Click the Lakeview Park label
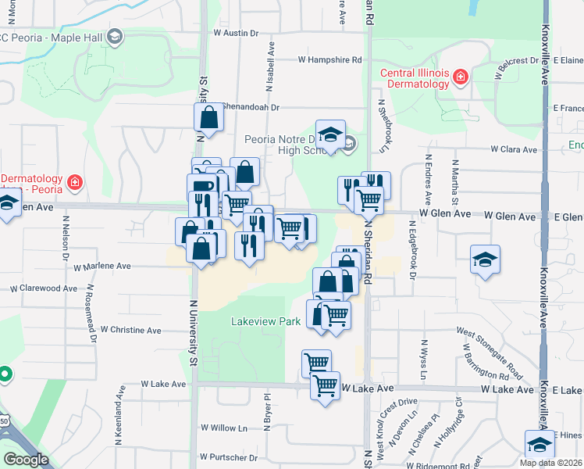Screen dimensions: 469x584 [x=266, y=321]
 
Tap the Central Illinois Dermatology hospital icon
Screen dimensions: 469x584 [x=461, y=76]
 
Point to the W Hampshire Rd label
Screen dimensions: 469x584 [x=330, y=59]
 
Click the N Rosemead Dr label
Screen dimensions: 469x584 [x=91, y=313]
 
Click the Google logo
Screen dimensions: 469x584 [x=26, y=460]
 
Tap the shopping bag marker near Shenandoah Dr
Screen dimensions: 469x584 [x=209, y=117]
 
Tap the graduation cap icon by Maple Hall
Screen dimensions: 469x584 [x=115, y=36]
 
